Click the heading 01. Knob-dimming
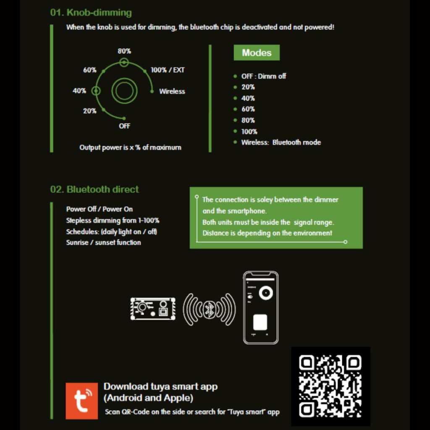click(91, 13)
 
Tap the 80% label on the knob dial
click(124, 51)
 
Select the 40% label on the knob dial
click(79, 91)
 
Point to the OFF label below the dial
click(124, 126)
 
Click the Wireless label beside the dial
click(172, 91)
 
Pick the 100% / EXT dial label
click(168, 70)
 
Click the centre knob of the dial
click(124, 91)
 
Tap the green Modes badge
click(257, 53)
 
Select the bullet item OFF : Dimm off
click(263, 76)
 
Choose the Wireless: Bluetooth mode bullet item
click(281, 142)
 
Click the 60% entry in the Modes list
click(248, 109)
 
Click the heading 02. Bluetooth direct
click(94, 189)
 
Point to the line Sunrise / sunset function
click(103, 242)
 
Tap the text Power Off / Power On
click(100, 209)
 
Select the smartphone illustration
click(261, 307)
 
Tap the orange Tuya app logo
click(81, 401)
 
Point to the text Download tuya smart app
click(160, 386)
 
